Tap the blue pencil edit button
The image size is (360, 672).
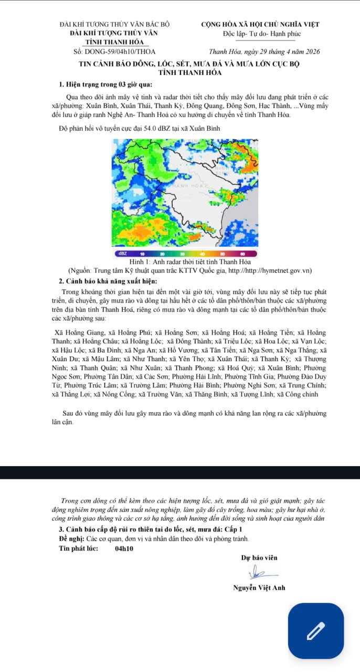pyautogui.click(x=316, y=631)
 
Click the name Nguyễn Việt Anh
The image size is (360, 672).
pyautogui.click(x=259, y=587)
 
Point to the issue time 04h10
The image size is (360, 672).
pyautogui.click(x=124, y=549)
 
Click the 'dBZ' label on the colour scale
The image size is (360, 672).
pyautogui.click(x=122, y=253)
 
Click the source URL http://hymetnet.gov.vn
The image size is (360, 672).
pyautogui.click(x=268, y=271)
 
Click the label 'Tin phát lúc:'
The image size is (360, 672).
pyautogui.click(x=79, y=549)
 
